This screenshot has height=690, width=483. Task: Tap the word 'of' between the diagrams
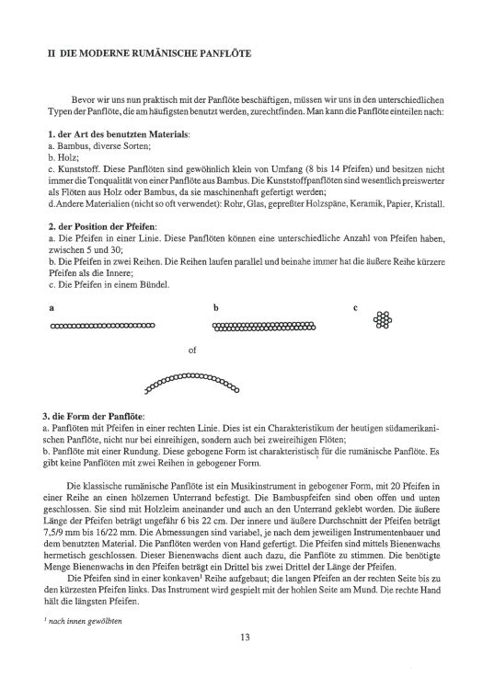[x=191, y=351]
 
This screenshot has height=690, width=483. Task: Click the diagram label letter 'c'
[x=355, y=308]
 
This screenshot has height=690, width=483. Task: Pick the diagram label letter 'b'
[x=215, y=308]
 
